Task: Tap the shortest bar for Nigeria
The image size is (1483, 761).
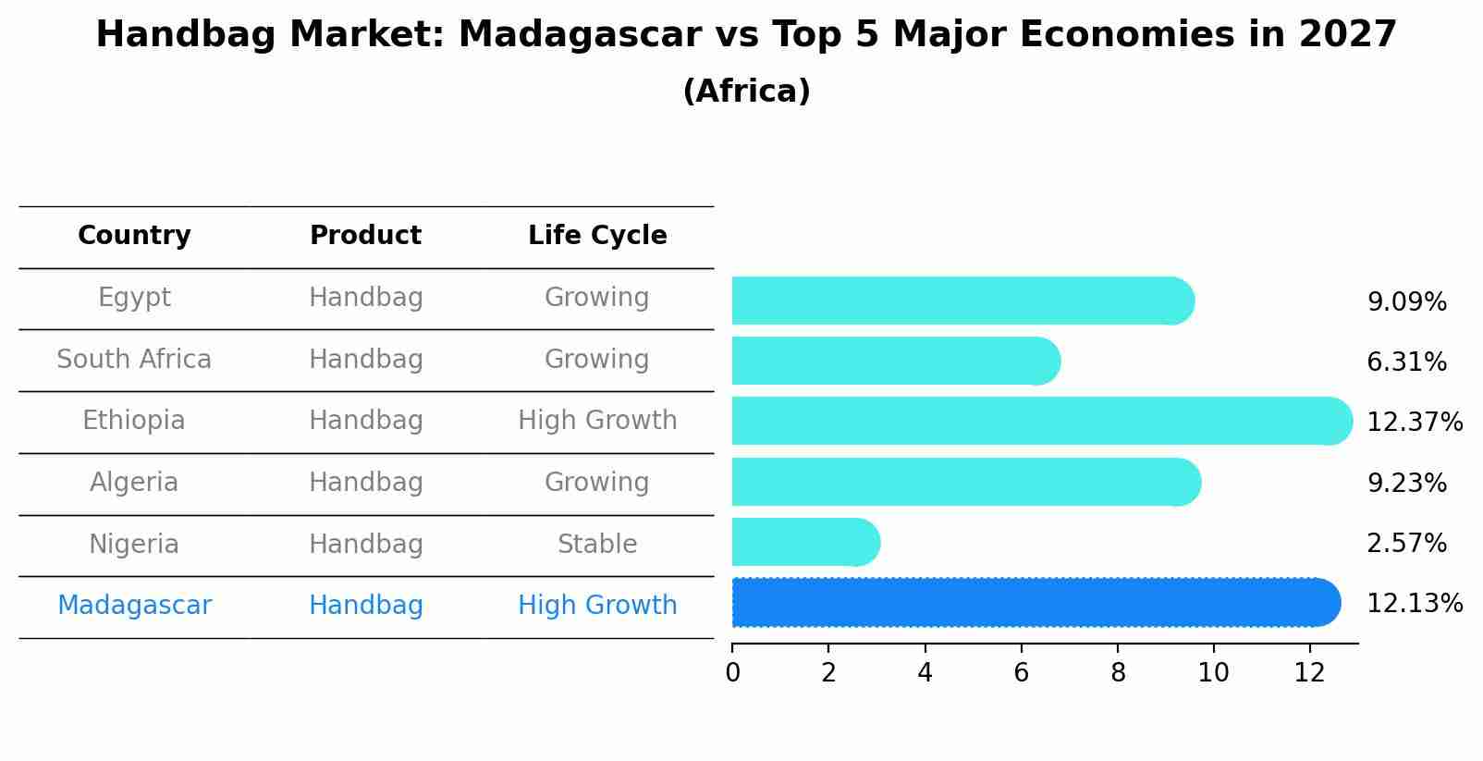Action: [x=804, y=543]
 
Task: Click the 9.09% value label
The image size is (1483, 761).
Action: [x=1406, y=302]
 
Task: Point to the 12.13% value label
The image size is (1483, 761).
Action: [x=1414, y=604]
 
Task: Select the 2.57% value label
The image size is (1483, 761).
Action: [x=1406, y=544]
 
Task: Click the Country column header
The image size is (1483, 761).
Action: [x=134, y=236]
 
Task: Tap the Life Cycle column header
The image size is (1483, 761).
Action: [x=597, y=236]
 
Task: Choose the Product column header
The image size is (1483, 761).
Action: [x=365, y=236]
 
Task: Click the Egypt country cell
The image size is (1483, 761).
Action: [x=134, y=298]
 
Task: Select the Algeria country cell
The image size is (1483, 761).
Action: [x=134, y=483]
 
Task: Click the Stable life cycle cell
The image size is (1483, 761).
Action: [x=597, y=545]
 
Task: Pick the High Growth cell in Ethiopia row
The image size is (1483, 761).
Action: [x=597, y=421]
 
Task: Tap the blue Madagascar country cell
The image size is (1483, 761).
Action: [x=134, y=606]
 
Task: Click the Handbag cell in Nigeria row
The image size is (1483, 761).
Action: [x=365, y=545]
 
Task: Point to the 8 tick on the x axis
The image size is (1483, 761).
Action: [x=1118, y=673]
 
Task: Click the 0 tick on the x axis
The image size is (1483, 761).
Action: [x=732, y=673]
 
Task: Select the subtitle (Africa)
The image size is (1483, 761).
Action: [x=746, y=92]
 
